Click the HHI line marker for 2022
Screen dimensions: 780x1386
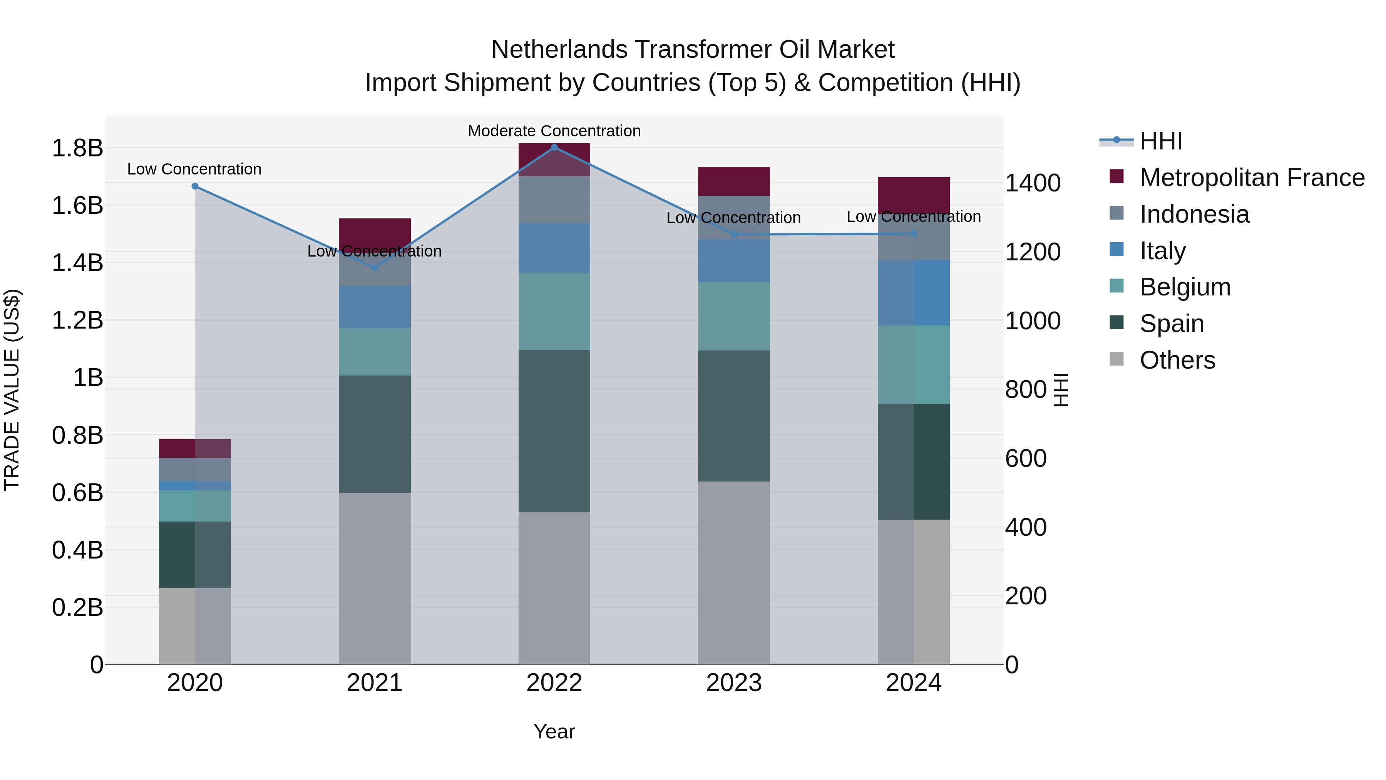click(554, 148)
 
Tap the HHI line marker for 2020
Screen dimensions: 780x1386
click(195, 186)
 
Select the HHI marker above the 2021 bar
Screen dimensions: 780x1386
click(375, 268)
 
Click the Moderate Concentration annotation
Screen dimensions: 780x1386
click(554, 131)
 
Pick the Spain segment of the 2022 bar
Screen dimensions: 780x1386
click(554, 431)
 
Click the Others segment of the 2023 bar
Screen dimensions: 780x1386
click(734, 572)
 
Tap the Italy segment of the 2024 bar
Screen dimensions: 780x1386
click(914, 293)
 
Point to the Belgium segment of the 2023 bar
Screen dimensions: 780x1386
click(734, 317)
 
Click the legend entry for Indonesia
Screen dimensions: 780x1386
click(1194, 214)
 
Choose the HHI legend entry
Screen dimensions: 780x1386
click(1160, 141)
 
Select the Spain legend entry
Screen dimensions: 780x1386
click(1171, 324)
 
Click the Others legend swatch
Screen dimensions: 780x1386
click(1116, 359)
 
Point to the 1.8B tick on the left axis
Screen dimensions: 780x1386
click(77, 148)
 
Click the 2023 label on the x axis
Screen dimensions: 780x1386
click(734, 683)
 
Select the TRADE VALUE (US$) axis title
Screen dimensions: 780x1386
click(12, 390)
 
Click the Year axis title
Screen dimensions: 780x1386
click(554, 731)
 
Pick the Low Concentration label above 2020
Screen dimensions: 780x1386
click(194, 169)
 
